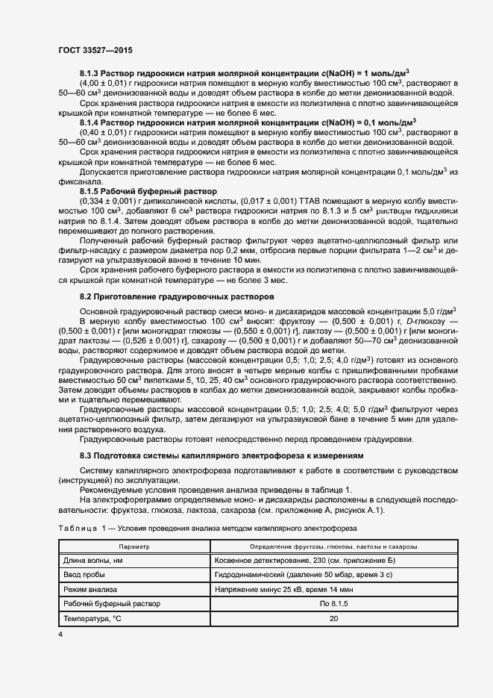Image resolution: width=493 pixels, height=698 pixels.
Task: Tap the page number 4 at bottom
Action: (60, 634)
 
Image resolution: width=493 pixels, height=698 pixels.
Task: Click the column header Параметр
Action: (134, 547)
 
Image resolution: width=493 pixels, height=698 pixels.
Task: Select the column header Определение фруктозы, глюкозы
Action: (333, 547)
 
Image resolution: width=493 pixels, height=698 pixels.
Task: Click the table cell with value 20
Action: (333, 619)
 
